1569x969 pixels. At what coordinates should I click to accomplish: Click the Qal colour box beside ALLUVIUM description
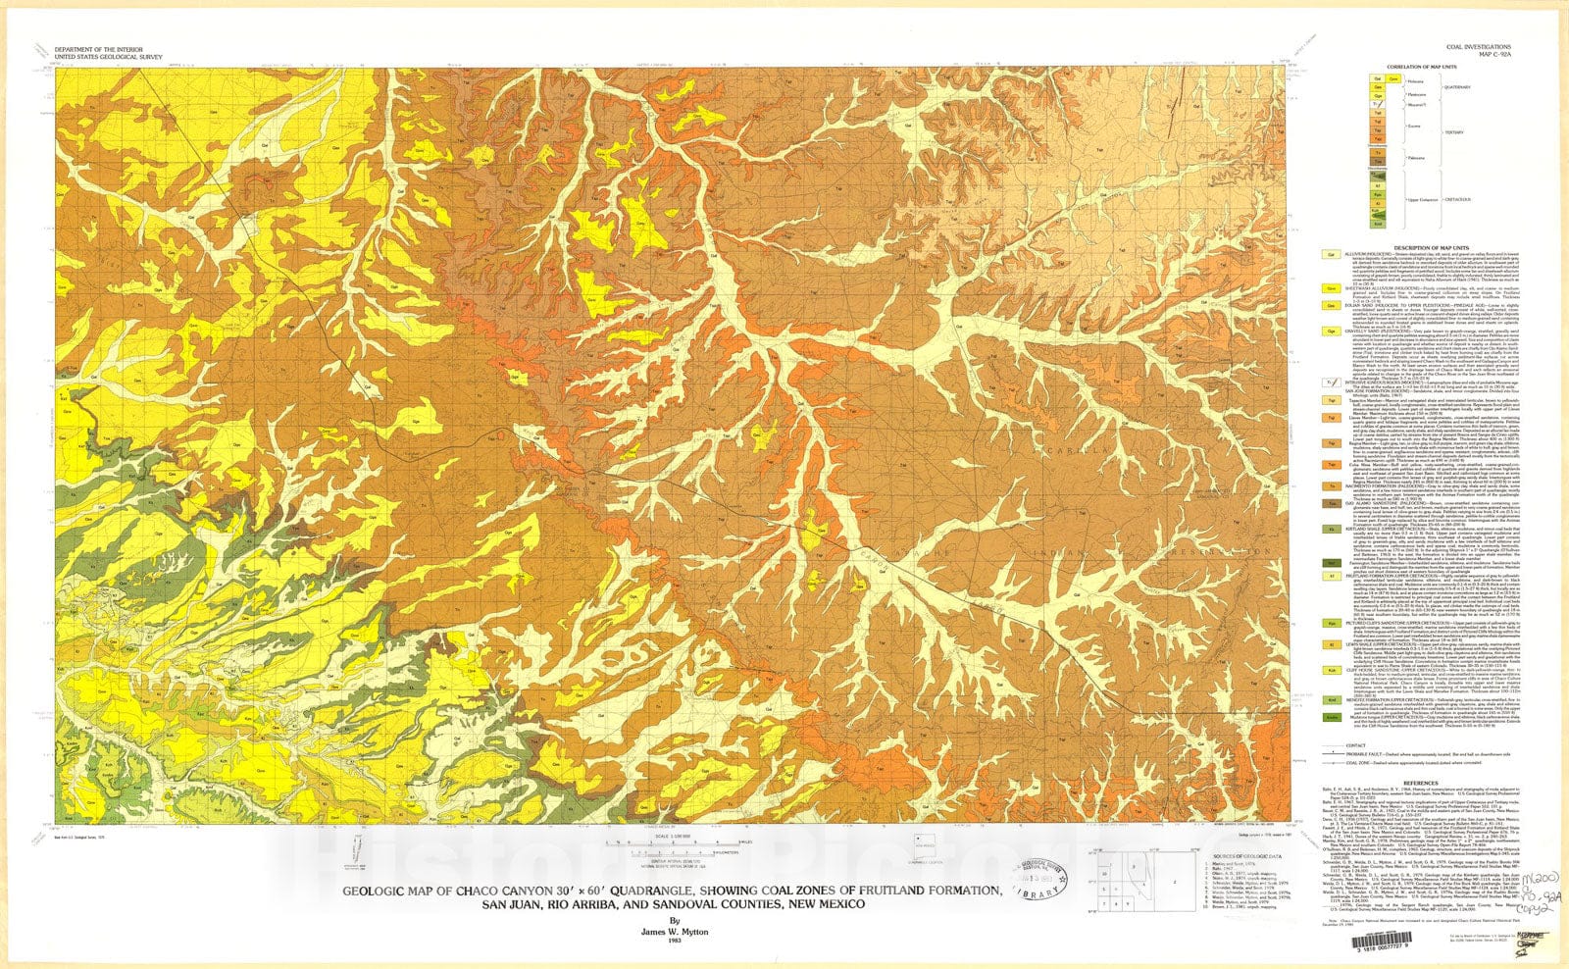coord(1332,254)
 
